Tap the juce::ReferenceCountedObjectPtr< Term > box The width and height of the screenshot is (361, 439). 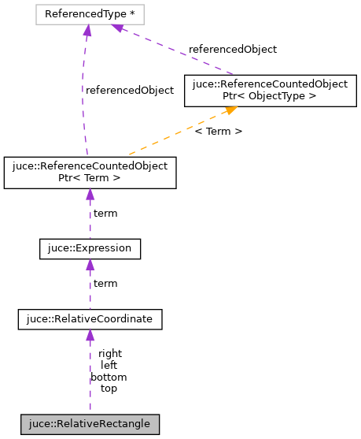90,173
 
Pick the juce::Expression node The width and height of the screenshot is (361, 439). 90,249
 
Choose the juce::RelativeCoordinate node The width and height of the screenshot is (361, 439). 90,318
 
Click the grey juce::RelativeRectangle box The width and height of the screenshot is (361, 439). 90,424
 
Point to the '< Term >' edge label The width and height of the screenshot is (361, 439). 218,131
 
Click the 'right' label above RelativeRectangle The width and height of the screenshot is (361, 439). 110,354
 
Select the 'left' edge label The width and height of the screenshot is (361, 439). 109,366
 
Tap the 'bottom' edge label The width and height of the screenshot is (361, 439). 109,377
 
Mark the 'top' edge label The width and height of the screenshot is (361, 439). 109,389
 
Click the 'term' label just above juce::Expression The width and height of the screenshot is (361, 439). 105,214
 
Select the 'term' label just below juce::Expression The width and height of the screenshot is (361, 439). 105,283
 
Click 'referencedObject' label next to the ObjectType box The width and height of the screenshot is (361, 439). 233,49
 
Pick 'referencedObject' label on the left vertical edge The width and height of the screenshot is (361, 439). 129,90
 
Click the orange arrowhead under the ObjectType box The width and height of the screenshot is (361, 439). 231,112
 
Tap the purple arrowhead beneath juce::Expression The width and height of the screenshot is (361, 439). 90,265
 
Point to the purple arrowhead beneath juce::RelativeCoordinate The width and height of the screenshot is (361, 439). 90,335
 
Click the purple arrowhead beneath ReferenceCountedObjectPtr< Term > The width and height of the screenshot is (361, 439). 90,195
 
